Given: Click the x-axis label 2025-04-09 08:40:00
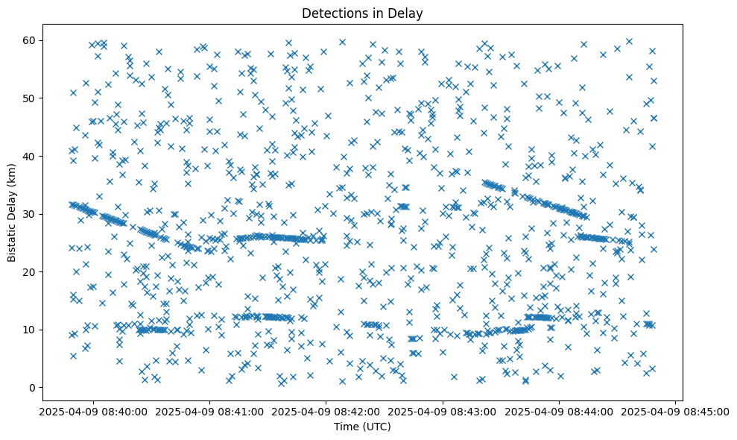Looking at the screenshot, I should tap(93, 412).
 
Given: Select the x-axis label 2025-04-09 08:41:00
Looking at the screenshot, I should tap(209, 412).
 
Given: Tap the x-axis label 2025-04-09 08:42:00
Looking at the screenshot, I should tap(326, 412).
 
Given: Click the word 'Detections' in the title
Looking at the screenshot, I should tap(333, 13).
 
